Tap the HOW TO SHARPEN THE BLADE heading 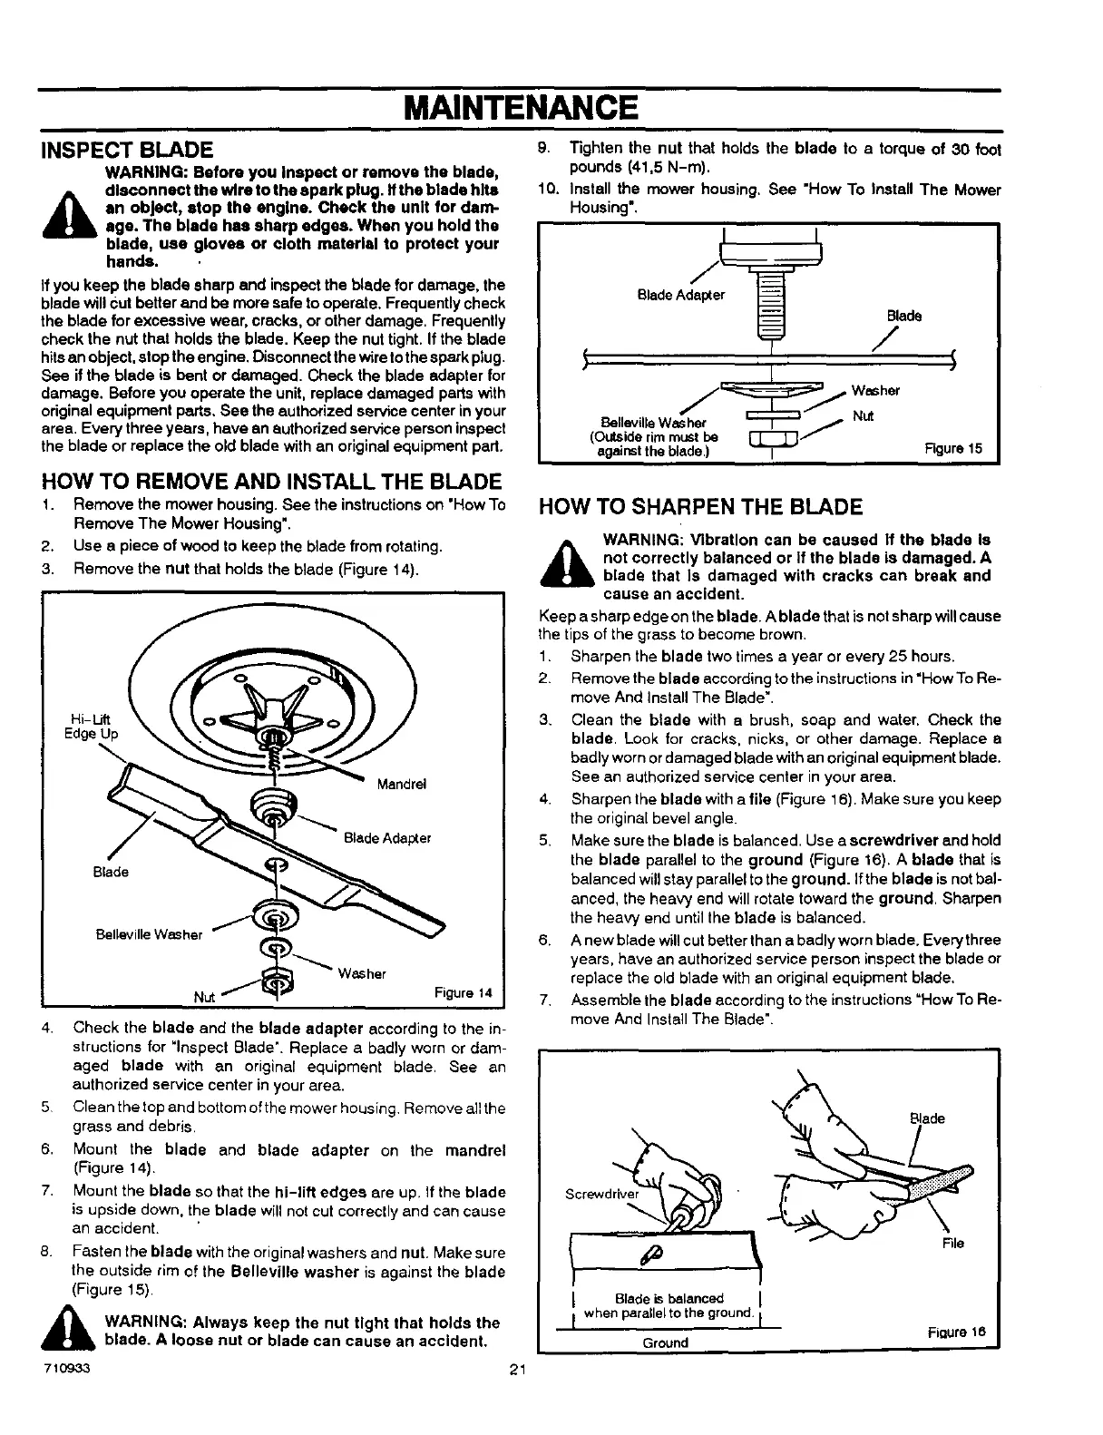(700, 506)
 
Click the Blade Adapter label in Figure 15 (681, 295)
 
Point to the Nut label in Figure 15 (863, 416)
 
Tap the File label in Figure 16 (952, 1244)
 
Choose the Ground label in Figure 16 (665, 1342)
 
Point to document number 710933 (64, 1368)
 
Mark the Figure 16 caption (956, 1332)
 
